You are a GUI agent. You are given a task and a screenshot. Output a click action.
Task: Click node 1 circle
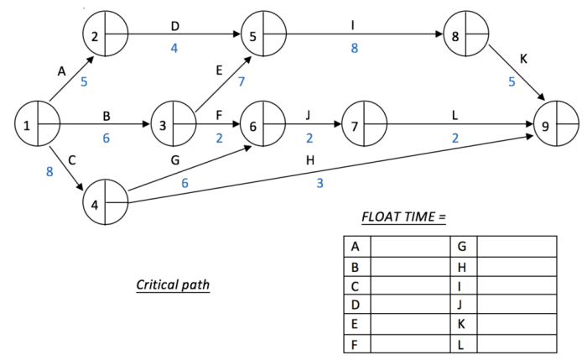pyautogui.click(x=38, y=126)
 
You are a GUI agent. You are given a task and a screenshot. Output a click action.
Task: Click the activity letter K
pyautogui.click(x=523, y=60)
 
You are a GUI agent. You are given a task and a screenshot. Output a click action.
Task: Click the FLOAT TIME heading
pyautogui.click(x=403, y=217)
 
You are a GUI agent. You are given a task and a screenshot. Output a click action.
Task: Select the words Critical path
pyautogui.click(x=173, y=284)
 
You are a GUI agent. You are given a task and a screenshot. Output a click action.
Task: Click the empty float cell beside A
pyautogui.click(x=409, y=246)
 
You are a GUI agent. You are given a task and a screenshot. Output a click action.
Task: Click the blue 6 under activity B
pyautogui.click(x=106, y=138)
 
